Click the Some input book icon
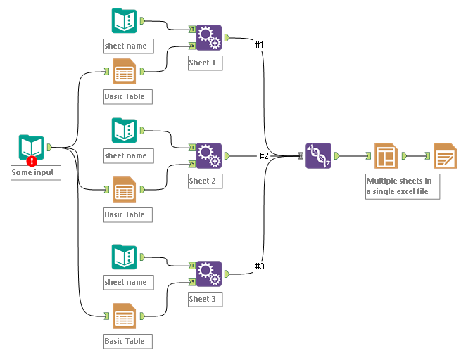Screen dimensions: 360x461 coord(31,148)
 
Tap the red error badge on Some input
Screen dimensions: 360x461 coord(32,161)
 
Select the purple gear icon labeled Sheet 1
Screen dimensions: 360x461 coord(208,37)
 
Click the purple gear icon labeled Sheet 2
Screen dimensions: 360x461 coord(208,155)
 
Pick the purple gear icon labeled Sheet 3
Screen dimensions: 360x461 coord(208,274)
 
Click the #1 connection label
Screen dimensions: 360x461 coord(259,45)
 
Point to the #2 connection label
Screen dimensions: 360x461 coord(264,155)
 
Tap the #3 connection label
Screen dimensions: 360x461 coord(259,266)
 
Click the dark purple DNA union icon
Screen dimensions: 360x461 coord(318,155)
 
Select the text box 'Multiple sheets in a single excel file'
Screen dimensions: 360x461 coord(402,186)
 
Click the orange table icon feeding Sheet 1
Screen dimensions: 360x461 coord(125,71)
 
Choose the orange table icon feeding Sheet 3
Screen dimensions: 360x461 coord(125,317)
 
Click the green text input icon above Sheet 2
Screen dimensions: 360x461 coord(125,131)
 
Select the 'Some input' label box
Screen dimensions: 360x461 coord(35,172)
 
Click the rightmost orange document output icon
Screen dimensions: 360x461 coord(445,155)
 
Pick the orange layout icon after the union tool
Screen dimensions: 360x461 coord(386,155)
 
